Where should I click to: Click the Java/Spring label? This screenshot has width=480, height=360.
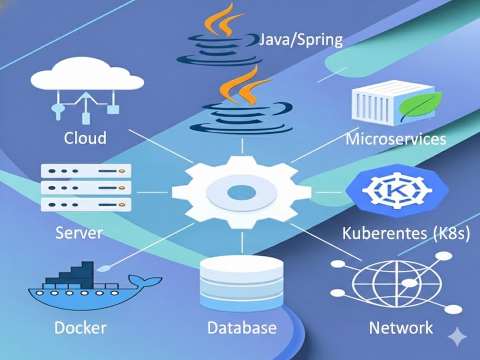[301, 40]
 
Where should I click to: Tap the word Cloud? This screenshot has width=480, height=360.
[85, 138]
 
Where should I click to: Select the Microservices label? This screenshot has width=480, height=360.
[396, 139]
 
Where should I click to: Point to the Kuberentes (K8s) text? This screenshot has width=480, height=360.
[406, 233]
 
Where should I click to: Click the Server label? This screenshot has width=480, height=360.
[79, 233]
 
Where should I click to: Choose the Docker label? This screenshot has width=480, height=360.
[81, 328]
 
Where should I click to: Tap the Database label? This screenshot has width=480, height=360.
[242, 327]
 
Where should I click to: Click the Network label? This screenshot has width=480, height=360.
[401, 328]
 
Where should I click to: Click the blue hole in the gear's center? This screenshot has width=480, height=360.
[241, 193]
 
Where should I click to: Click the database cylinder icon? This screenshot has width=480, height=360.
[242, 283]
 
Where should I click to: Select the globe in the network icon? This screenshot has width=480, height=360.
[397, 283]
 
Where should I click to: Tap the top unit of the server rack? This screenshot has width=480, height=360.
[86, 171]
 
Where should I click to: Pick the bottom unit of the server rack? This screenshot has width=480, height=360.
[86, 204]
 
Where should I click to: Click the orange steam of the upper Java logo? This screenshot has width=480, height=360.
[224, 20]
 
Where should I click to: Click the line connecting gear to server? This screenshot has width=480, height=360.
[152, 192]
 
